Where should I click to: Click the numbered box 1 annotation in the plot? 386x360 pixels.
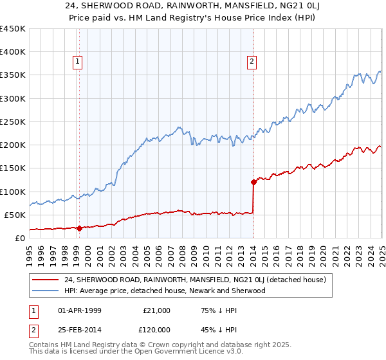pos(78,62)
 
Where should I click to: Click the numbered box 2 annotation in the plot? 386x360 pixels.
pos(252,62)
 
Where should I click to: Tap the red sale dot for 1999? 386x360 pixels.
pos(79,228)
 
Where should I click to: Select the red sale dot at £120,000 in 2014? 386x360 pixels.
pos(253,182)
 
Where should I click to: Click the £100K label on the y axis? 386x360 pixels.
pos(13,192)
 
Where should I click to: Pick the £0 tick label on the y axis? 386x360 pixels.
pos(21,238)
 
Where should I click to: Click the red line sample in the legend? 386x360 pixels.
pos(46,280)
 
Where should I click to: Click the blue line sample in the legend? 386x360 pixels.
pos(46,291)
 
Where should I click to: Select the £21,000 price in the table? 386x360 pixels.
pos(156,310)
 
